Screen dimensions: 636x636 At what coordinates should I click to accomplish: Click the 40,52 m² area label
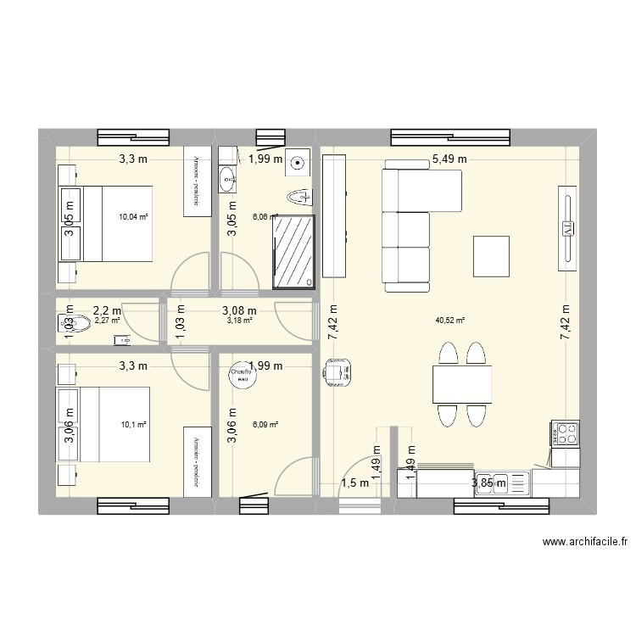click(450, 321)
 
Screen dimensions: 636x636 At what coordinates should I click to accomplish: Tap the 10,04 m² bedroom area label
click(134, 216)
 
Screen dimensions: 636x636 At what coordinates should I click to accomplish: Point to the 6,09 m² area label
click(264, 426)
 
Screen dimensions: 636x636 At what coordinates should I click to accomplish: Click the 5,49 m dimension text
click(449, 158)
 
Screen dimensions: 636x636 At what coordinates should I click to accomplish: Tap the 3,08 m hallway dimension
click(239, 310)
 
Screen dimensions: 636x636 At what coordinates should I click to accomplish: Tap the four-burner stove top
click(564, 434)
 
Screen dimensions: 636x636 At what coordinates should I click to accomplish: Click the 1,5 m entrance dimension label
click(355, 483)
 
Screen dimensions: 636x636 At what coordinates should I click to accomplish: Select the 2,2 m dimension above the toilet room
click(107, 310)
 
